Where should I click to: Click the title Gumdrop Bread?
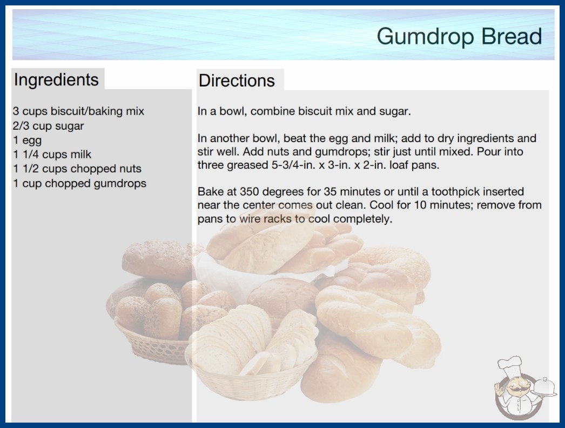point(459,36)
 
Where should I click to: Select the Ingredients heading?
point(56,80)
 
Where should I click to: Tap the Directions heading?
point(237,81)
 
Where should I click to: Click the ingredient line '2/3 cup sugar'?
point(48,126)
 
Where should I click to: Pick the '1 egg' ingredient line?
point(28,141)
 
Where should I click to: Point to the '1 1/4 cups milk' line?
point(52,155)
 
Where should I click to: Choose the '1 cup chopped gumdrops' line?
point(79,184)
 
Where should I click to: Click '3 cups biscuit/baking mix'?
point(78,111)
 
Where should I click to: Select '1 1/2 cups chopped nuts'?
point(77,169)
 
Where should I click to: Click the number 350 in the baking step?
point(250,191)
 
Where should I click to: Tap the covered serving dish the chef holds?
point(544,387)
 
